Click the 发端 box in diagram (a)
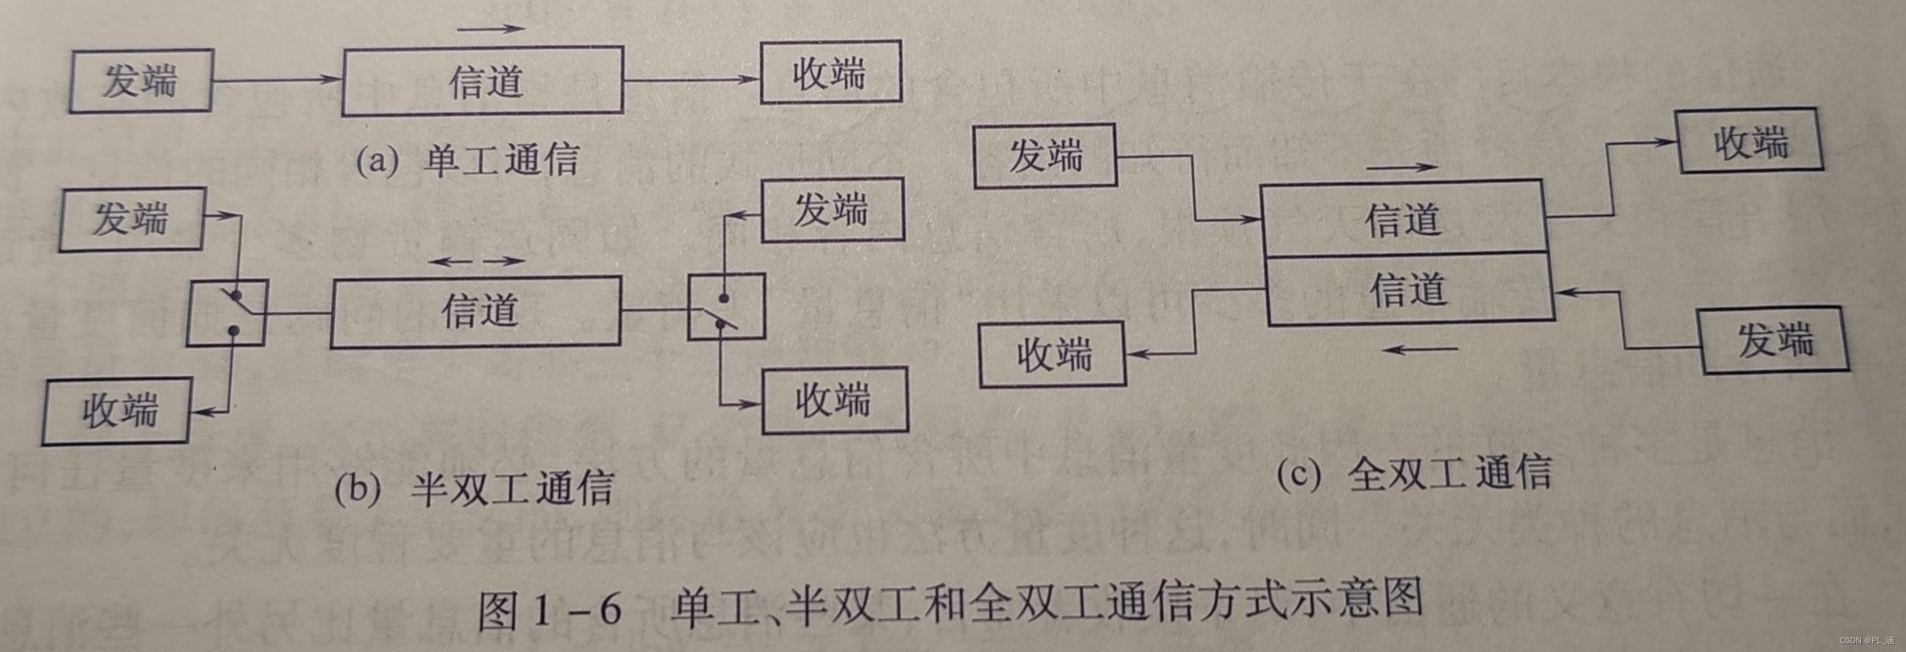tap(141, 81)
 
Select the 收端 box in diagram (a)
tap(830, 73)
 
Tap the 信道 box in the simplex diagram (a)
tap(483, 81)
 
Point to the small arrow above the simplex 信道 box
tap(491, 29)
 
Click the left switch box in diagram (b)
tap(226, 313)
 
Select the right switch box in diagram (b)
tap(726, 307)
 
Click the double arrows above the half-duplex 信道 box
tap(477, 261)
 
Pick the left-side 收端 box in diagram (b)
tap(117, 411)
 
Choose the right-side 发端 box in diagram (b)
tap(833, 210)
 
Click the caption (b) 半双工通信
tap(473, 488)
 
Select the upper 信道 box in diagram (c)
tap(1403, 219)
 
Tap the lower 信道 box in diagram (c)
tap(1409, 289)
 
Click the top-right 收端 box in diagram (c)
tap(1750, 141)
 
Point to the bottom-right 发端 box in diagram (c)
tap(1775, 340)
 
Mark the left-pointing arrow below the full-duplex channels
tap(1420, 350)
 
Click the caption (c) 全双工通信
tap(1414, 473)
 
